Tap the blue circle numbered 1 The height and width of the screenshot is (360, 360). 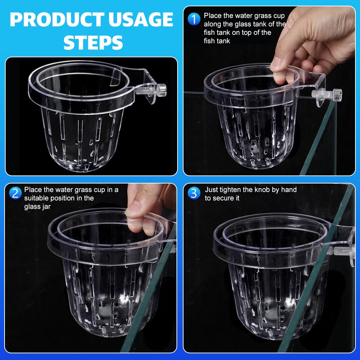[194, 19]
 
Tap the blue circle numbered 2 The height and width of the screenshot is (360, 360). [15, 193]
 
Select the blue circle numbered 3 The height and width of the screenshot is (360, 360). [194, 193]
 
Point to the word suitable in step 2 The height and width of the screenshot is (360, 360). [36, 198]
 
